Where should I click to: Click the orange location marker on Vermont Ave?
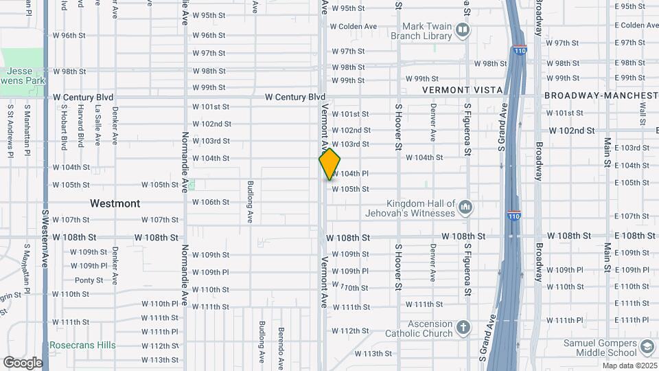point(329,164)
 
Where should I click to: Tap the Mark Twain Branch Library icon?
point(463,30)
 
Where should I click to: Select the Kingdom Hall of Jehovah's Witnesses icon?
point(466,207)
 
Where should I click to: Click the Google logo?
point(23,362)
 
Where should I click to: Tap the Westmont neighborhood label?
point(115,203)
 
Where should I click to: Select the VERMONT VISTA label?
point(462,90)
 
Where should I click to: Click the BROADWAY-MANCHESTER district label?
point(601,95)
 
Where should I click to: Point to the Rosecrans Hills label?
point(82,345)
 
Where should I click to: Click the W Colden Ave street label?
point(354,27)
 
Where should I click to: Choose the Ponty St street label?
point(89,280)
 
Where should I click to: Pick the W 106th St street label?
point(210,202)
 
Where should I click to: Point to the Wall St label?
point(643,115)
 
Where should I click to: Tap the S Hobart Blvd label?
point(65,126)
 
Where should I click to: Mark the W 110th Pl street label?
point(160,304)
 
